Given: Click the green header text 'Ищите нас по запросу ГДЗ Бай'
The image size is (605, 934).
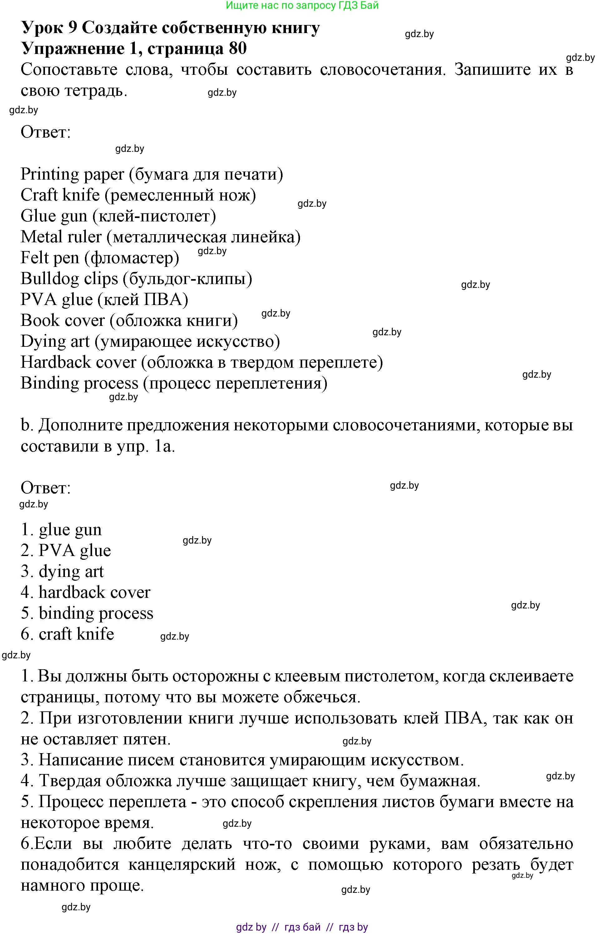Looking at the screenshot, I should pos(302,6).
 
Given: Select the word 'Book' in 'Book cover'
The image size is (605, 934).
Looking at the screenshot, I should pos(38,321).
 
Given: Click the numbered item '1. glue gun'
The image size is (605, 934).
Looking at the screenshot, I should pos(61,530).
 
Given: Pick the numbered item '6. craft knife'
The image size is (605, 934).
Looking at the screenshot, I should pos(67,635).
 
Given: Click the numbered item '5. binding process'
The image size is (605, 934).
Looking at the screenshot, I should pos(87,613).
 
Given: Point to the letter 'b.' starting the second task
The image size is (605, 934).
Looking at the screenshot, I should pos(25,425).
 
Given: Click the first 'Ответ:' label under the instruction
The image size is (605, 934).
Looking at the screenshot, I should pos(46,132).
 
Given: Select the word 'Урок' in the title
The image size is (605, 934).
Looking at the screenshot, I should pos(41,28).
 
